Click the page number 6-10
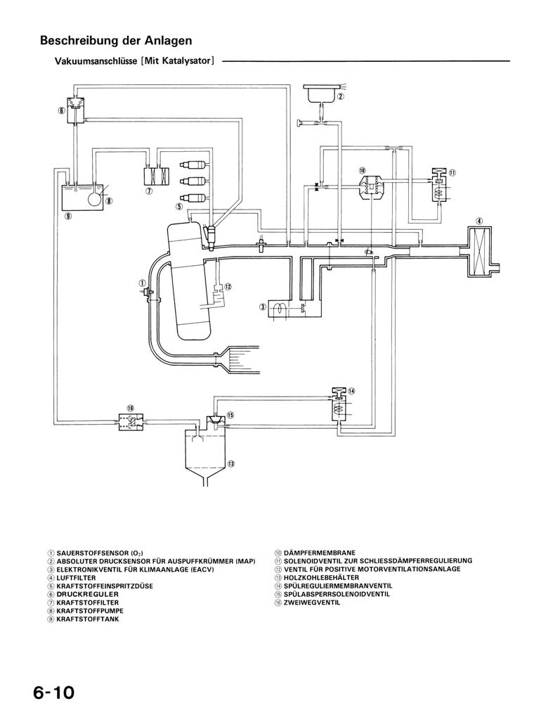53,693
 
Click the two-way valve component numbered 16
130,423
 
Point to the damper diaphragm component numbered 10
372,186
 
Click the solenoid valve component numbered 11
438,187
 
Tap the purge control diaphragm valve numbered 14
339,406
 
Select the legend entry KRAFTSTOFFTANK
87,619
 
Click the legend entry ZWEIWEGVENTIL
311,603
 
